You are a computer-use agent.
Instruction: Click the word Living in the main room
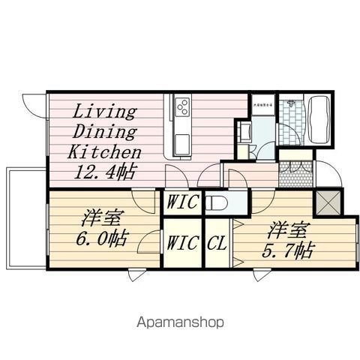coord(103,113)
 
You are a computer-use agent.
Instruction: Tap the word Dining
coord(105,133)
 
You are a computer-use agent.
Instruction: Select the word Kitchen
coord(104,151)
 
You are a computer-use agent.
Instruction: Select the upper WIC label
coord(182,202)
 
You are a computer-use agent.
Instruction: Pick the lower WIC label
coord(182,243)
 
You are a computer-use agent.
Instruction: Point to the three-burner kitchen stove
coord(183,109)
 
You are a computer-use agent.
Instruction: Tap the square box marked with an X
coord(328,201)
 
